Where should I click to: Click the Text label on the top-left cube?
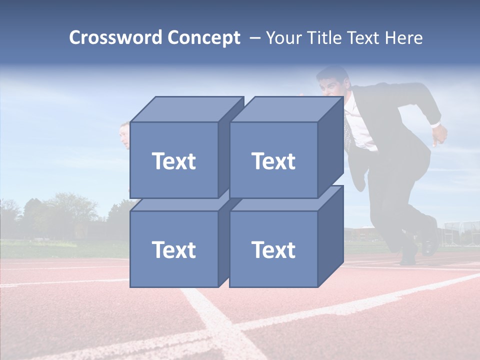pos(173,161)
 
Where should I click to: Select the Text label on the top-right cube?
pos(273,161)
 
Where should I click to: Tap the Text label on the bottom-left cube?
pos(173,249)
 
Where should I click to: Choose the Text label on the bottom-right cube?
pos(273,249)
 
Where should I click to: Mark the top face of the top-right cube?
pos(286,109)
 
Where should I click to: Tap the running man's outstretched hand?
pos(440,135)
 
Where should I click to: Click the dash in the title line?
pos(254,38)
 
